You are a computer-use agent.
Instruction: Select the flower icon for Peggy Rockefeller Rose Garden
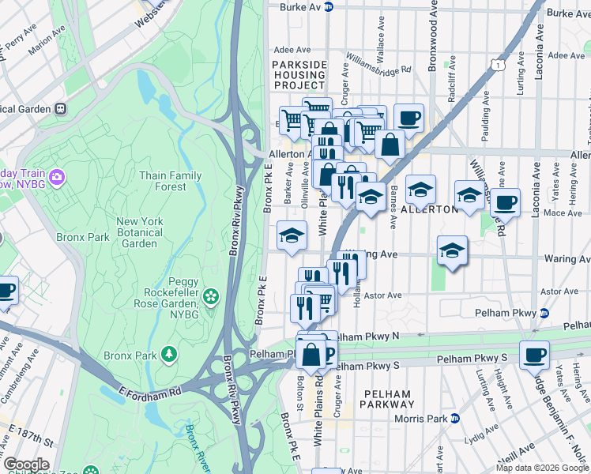(x=210, y=296)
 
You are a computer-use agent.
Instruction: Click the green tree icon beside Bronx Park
(x=168, y=352)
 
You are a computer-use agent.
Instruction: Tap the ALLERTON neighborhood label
(x=429, y=209)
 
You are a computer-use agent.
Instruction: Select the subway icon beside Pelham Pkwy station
(x=544, y=314)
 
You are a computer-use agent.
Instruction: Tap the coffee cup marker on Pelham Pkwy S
(x=535, y=355)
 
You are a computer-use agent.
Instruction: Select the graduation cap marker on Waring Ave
(x=453, y=250)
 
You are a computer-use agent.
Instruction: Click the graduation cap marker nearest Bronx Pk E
(x=291, y=235)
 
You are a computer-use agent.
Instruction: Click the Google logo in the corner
(x=26, y=465)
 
